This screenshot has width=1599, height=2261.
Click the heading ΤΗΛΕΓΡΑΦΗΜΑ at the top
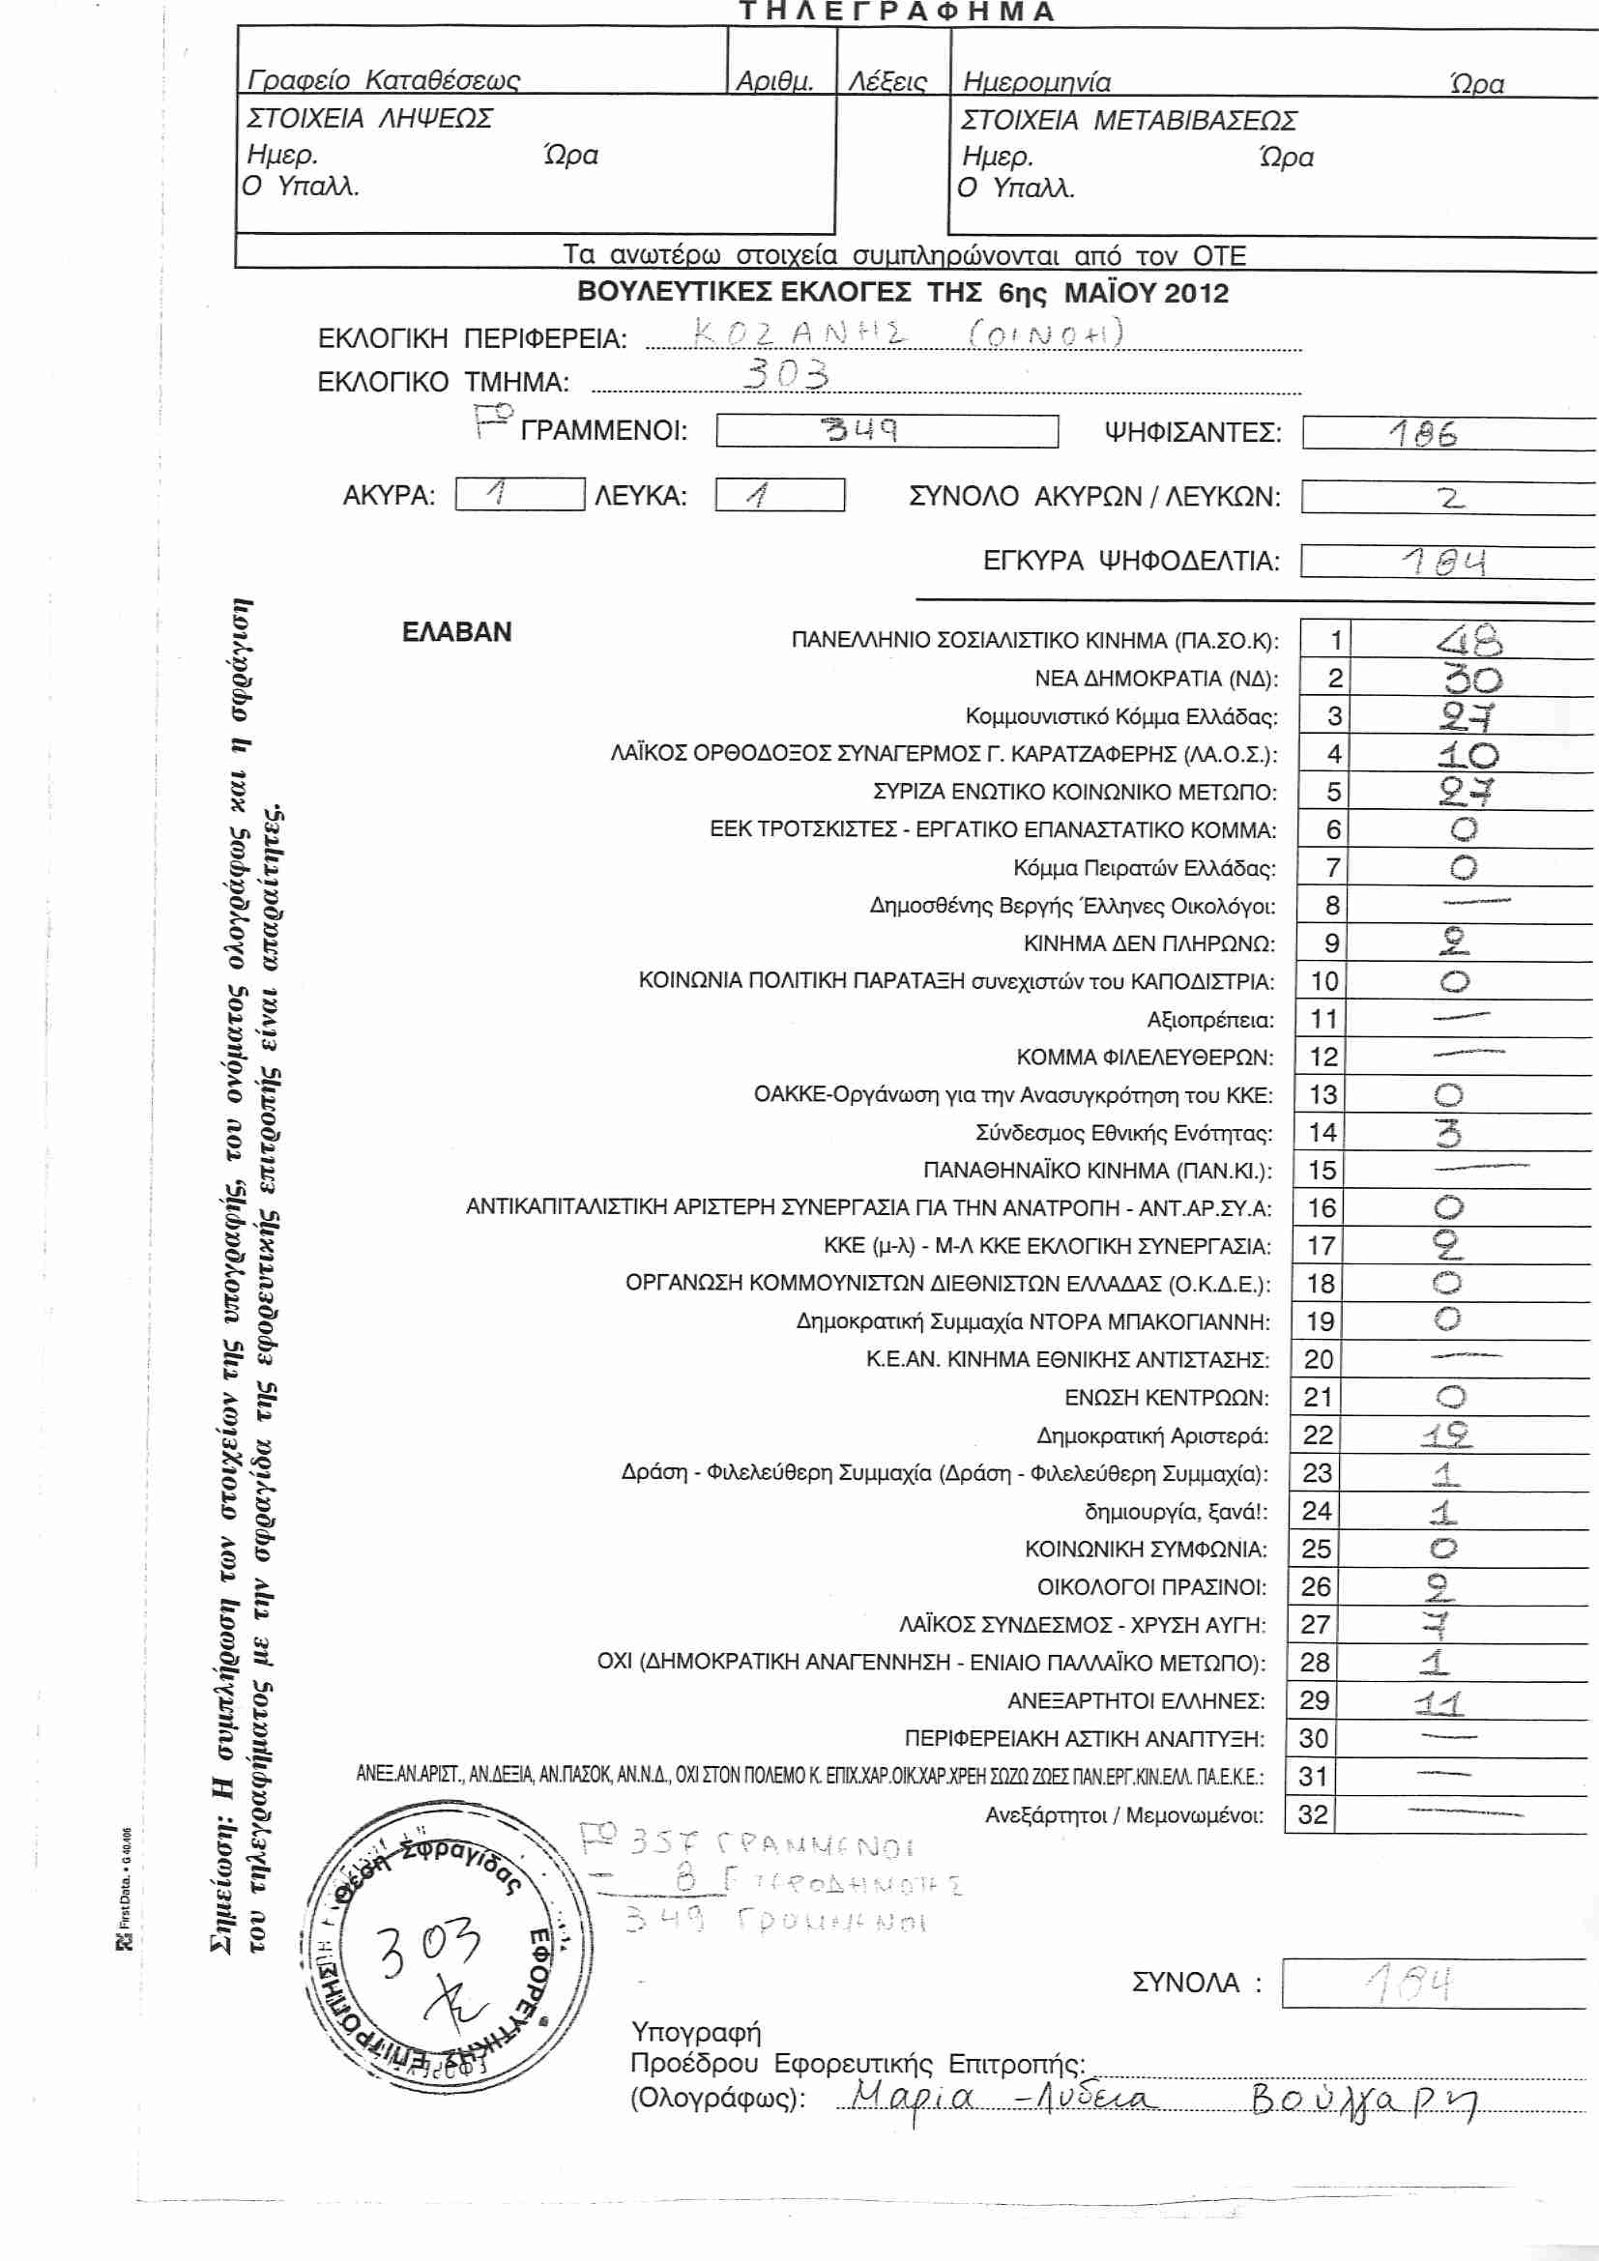point(896,12)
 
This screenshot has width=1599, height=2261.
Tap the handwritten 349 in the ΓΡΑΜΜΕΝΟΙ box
point(860,430)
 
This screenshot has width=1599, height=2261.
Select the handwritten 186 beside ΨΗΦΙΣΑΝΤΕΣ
point(1423,433)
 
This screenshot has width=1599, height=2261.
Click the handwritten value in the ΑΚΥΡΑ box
point(498,492)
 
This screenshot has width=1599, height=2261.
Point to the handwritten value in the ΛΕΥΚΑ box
point(758,494)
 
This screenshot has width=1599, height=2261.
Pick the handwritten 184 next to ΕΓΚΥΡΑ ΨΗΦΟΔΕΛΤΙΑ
point(1444,562)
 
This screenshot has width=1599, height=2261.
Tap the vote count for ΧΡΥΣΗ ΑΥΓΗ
point(1439,1624)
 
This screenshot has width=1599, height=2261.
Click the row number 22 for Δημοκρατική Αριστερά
point(1318,1435)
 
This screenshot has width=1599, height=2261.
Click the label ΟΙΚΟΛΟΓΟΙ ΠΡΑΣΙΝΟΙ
point(1151,1586)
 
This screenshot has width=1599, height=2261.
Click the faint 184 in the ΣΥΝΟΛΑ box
point(1410,1983)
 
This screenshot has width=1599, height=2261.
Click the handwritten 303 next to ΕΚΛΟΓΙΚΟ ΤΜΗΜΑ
point(786,374)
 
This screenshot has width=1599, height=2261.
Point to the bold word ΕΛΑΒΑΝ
point(457,632)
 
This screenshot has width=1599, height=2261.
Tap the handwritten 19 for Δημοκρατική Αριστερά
point(1445,1435)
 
